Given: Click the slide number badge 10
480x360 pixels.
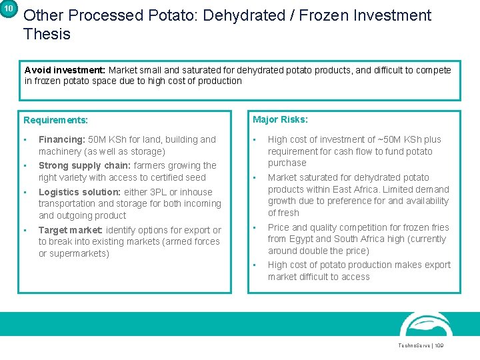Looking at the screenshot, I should pos(9,9).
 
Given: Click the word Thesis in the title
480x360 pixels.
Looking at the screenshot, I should pos(47,33).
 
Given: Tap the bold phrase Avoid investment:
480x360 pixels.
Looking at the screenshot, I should pos(65,70).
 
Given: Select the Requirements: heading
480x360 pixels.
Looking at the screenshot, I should pos(55,121).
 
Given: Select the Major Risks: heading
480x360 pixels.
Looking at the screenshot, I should pos(280,120).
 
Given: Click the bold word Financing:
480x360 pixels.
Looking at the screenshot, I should pos(61,140).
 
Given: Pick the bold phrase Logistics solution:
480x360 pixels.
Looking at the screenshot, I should pos(80,192).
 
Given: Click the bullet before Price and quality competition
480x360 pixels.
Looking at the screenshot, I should pos(255,227).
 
